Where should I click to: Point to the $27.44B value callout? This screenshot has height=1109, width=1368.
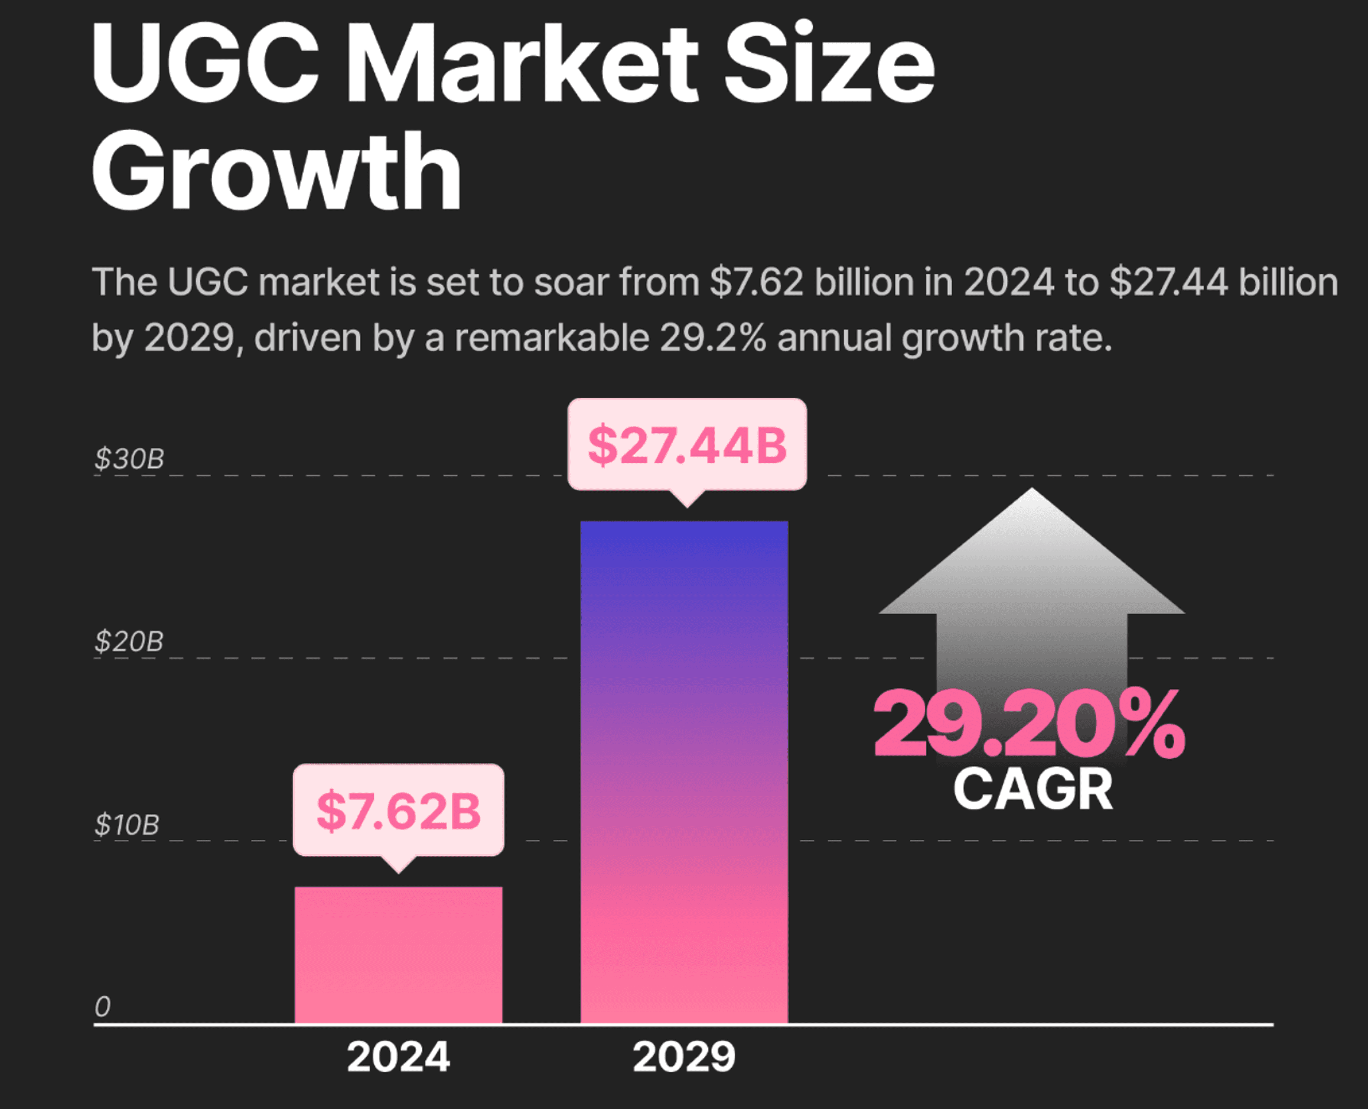click(x=686, y=445)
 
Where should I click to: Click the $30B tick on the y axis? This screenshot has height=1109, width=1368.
click(x=129, y=459)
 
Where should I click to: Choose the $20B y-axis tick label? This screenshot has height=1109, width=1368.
click(x=129, y=641)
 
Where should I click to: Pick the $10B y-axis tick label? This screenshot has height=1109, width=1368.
click(x=126, y=825)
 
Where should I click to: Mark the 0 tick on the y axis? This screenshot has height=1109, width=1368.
click(x=102, y=1007)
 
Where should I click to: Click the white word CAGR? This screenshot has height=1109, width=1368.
click(x=1033, y=790)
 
